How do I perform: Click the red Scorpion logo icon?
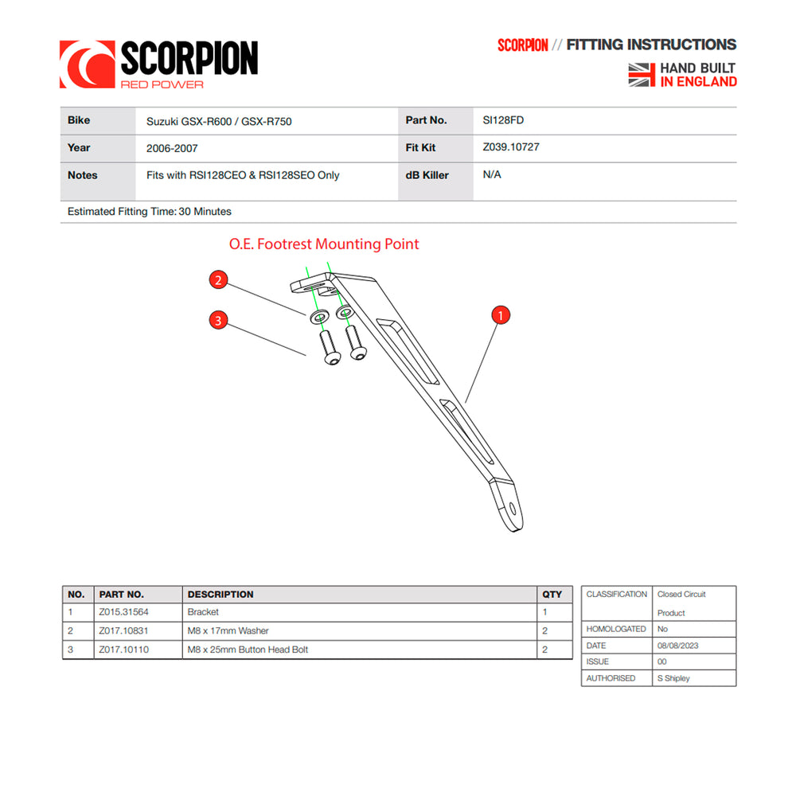87,64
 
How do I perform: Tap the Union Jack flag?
642,75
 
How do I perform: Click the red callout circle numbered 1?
500,315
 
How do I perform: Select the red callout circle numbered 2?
219,279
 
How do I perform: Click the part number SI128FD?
503,120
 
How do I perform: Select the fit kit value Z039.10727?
511,147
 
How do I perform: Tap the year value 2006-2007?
172,148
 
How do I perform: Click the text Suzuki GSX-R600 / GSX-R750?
213,122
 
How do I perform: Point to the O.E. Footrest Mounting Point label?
324,244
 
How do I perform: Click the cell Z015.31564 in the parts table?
123,612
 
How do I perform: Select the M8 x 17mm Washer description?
228,630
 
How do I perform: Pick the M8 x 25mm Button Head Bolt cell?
247,650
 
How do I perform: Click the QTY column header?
552,595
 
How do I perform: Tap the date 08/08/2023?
677,646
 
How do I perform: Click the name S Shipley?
673,678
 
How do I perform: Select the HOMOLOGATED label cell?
616,629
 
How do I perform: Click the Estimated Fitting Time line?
150,212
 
